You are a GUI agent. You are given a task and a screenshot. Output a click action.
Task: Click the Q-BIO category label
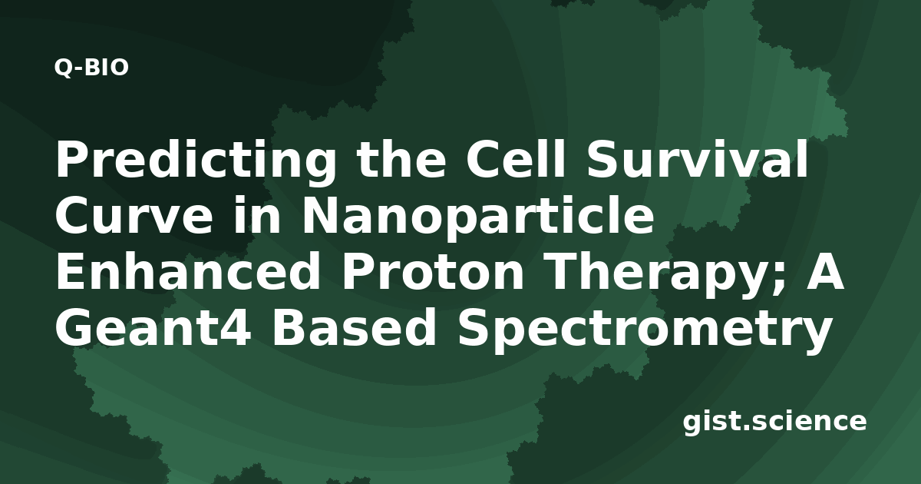91,68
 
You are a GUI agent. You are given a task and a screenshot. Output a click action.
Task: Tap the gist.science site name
774,423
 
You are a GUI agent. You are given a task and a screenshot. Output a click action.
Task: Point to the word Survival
698,159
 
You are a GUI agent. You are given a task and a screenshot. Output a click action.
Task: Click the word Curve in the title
134,216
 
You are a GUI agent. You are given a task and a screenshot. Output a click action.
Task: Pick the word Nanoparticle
477,218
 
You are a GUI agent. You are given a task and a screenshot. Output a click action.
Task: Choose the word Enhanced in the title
187,270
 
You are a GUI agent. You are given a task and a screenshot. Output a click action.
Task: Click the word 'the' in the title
401,159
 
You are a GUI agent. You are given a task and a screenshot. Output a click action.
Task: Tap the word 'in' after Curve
257,216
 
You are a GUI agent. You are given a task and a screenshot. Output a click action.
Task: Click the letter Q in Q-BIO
63,68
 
